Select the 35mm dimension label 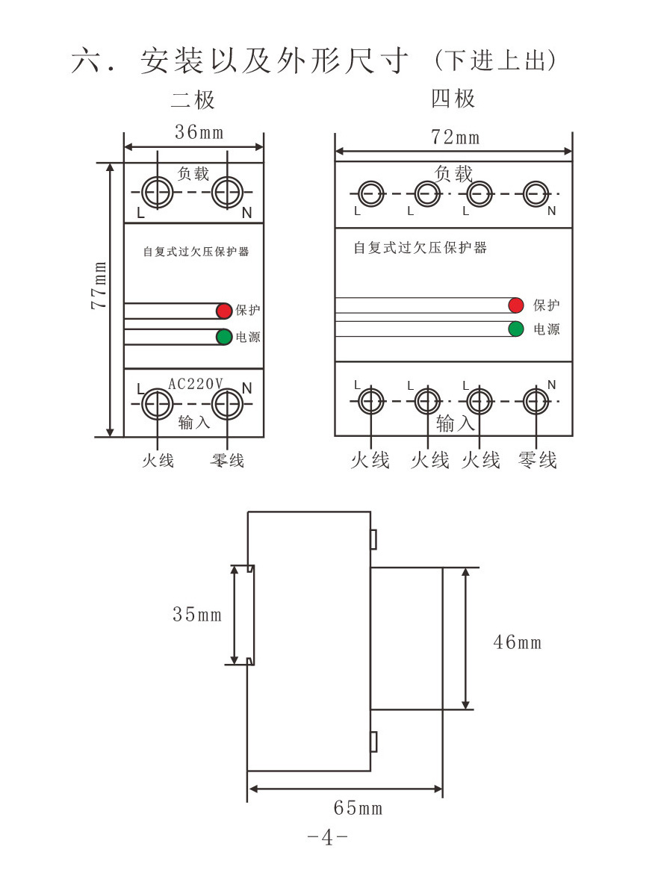pyautogui.click(x=197, y=615)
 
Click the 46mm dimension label pyautogui.click(x=517, y=641)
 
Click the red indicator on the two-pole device pyautogui.click(x=224, y=311)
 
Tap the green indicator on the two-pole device pyautogui.click(x=224, y=337)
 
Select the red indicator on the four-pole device pyautogui.click(x=515, y=305)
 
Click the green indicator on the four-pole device pyautogui.click(x=515, y=329)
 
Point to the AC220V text pyautogui.click(x=196, y=384)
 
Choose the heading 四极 pyautogui.click(x=453, y=99)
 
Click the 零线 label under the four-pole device pyautogui.click(x=538, y=460)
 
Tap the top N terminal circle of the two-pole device pyautogui.click(x=226, y=193)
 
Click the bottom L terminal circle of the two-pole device pyautogui.click(x=158, y=404)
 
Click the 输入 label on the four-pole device pyautogui.click(x=456, y=424)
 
